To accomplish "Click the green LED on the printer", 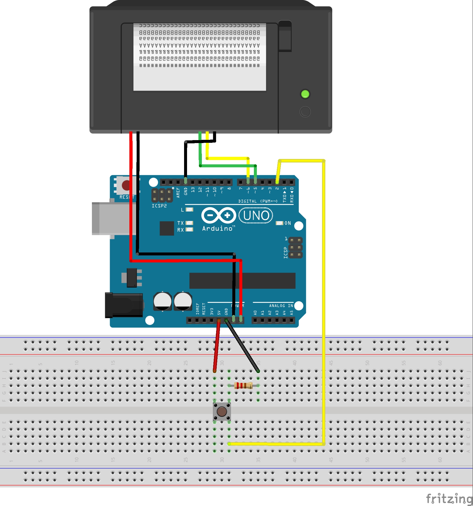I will (305, 94).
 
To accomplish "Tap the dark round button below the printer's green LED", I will (305, 112).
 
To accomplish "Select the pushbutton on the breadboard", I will (222, 411).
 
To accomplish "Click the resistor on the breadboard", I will (243, 386).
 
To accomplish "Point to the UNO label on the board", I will (256, 216).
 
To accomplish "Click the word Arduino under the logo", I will (217, 228).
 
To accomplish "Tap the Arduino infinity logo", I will (219, 215).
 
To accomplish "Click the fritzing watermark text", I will (449, 498).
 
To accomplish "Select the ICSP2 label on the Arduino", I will (159, 206).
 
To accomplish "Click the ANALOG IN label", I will (281, 306).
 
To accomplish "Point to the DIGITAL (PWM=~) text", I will (258, 201).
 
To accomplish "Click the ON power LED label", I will (288, 223).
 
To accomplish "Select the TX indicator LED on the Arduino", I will (189, 223).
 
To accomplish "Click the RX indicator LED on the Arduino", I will (189, 230).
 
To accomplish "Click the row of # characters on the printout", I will (199, 65).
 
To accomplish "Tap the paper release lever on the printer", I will (285, 36).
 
